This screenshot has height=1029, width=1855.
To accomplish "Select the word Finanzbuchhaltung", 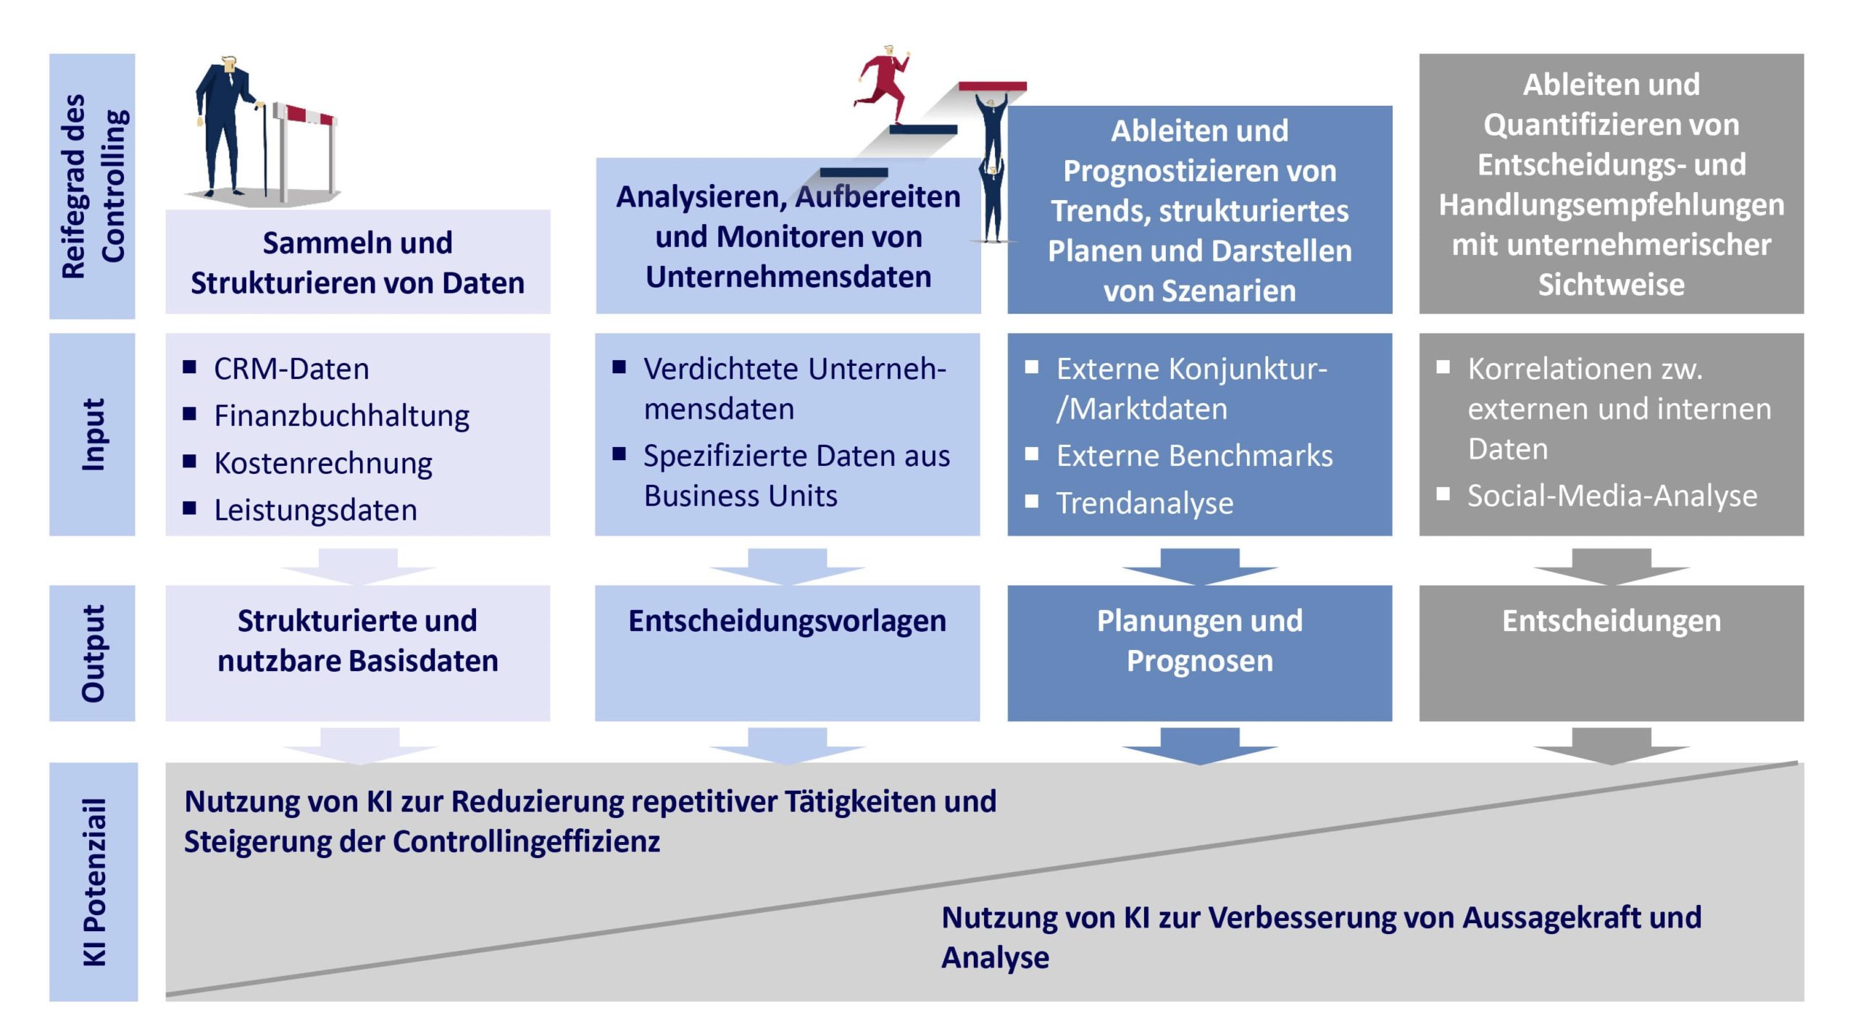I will click(x=341, y=417).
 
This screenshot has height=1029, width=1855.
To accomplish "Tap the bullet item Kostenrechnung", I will click(x=323, y=464).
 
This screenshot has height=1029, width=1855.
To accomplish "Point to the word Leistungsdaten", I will click(x=316, y=511).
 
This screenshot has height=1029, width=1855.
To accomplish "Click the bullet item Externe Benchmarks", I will click(x=1194, y=457).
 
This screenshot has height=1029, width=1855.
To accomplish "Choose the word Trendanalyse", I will click(x=1145, y=504).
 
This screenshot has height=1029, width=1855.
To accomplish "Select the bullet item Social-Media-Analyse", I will click(x=1612, y=496).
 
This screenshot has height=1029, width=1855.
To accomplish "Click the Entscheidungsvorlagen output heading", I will click(x=787, y=621).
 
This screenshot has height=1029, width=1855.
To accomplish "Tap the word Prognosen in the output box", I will click(x=1199, y=661).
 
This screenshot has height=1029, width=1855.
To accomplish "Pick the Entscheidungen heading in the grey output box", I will click(x=1611, y=621).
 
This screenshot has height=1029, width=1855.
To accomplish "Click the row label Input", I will click(x=93, y=434).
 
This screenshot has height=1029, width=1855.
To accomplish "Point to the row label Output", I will click(x=93, y=653).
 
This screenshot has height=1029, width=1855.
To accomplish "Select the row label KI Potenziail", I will click(x=94, y=882).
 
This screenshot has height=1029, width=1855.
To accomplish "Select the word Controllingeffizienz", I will click(x=526, y=842).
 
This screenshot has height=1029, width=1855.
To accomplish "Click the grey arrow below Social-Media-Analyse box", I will click(x=1611, y=566).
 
